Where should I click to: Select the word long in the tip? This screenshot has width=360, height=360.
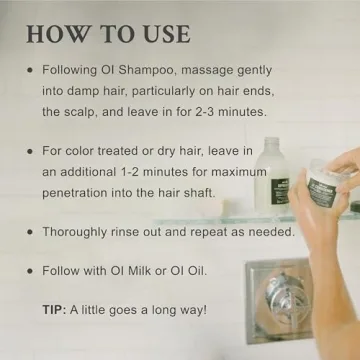click(x=163, y=310)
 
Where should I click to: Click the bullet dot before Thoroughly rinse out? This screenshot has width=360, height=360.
click(x=30, y=231)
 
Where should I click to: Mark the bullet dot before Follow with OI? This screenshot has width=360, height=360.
click(x=30, y=270)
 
